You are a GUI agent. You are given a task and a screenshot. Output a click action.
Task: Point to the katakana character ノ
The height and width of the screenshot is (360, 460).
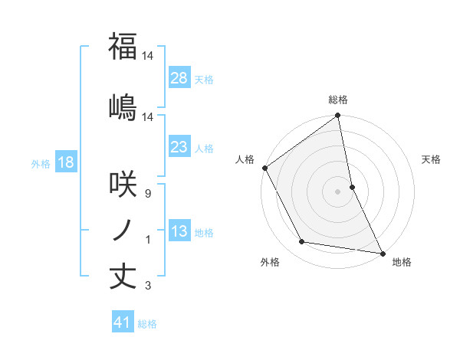pyautogui.click(x=123, y=230)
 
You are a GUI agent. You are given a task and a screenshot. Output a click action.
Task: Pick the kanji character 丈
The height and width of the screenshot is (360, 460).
pyautogui.click(x=123, y=277)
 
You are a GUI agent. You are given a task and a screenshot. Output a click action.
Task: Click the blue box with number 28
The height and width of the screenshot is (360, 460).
pyautogui.click(x=179, y=77)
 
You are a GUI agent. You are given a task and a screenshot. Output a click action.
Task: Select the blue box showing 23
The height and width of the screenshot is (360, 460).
pyautogui.click(x=179, y=147)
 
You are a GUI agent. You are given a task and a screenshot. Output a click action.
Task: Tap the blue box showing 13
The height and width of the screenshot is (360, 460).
pyautogui.click(x=179, y=231)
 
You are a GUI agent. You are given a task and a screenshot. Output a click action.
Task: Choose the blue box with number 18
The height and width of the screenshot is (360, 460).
pyautogui.click(x=65, y=162)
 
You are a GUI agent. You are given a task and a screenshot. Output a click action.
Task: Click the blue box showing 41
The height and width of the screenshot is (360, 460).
pyautogui.click(x=123, y=322)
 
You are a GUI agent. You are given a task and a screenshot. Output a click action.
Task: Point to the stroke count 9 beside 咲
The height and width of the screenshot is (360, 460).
pyautogui.click(x=147, y=194)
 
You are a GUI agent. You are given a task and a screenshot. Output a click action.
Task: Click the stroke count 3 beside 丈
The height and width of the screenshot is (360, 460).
pyautogui.click(x=147, y=286)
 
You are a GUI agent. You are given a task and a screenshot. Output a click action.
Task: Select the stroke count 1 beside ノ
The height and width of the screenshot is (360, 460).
pyautogui.click(x=147, y=240)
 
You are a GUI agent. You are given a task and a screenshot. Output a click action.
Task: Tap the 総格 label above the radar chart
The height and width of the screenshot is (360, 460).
pyautogui.click(x=338, y=100)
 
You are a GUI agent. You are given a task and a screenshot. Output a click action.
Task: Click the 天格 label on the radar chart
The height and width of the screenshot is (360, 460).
pyautogui.click(x=431, y=159)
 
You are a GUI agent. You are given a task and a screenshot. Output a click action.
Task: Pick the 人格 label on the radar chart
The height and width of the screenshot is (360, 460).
pyautogui.click(x=245, y=159)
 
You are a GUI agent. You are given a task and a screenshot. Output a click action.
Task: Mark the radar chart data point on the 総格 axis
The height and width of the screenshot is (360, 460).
pyautogui.click(x=338, y=116)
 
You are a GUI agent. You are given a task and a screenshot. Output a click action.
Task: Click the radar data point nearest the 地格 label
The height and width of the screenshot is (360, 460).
pyautogui.click(x=382, y=253)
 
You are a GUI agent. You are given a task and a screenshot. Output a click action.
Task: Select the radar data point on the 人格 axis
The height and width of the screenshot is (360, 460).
pyautogui.click(x=265, y=168)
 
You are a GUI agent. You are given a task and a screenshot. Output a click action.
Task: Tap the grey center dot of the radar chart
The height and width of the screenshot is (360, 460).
pyautogui.click(x=338, y=191)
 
